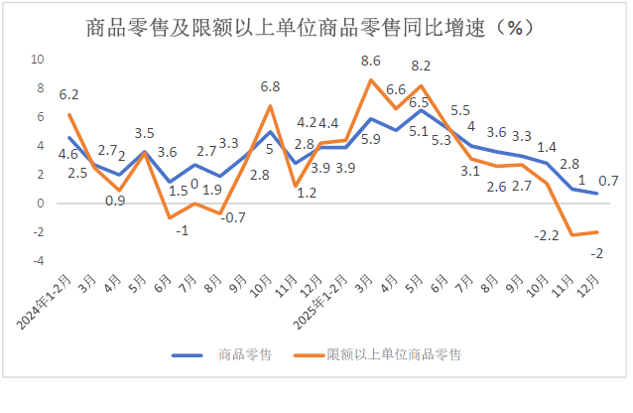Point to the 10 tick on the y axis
[x=41, y=60]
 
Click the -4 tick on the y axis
[x=40, y=261]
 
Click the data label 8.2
[x=421, y=66]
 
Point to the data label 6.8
[x=269, y=86]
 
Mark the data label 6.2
[x=68, y=95]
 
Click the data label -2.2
[x=547, y=235]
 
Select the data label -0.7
[x=233, y=217]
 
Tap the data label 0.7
[x=609, y=181]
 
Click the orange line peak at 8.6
[x=370, y=79]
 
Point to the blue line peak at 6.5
[x=421, y=109]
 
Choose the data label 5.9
[x=370, y=140]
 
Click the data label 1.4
[x=547, y=147]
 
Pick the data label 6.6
[x=396, y=90]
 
